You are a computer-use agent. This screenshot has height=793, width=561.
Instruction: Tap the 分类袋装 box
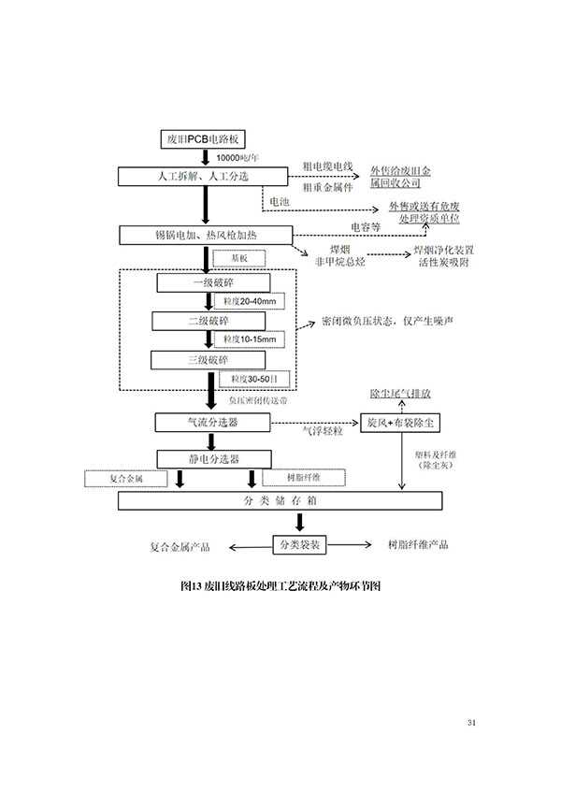[299, 543]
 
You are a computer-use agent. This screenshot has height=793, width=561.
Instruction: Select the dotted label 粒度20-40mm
[245, 301]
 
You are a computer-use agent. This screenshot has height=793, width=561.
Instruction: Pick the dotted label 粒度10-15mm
[245, 339]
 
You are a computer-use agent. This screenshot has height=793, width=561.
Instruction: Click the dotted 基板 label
[239, 258]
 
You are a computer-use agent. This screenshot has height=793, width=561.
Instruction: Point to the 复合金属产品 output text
[180, 544]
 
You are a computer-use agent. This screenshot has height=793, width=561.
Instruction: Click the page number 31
[470, 722]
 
